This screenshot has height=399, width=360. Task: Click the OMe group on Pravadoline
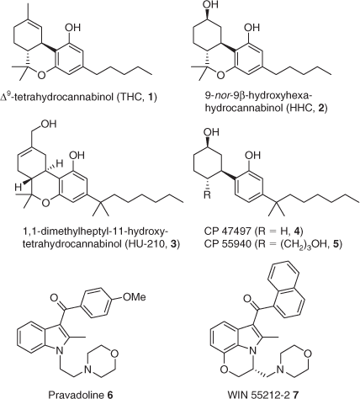(x=135, y=296)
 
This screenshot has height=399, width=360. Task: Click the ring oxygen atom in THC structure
(x=41, y=76)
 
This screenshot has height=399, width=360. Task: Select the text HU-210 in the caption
(x=144, y=244)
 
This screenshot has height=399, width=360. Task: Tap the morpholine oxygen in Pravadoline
(x=114, y=354)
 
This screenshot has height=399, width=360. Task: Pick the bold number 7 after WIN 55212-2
(x=294, y=395)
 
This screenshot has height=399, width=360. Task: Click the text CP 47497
(x=228, y=232)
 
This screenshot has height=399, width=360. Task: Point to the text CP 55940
(x=228, y=244)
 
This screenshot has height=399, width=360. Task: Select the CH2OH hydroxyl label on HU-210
(x=50, y=124)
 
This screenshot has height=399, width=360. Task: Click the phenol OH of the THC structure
(x=72, y=28)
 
